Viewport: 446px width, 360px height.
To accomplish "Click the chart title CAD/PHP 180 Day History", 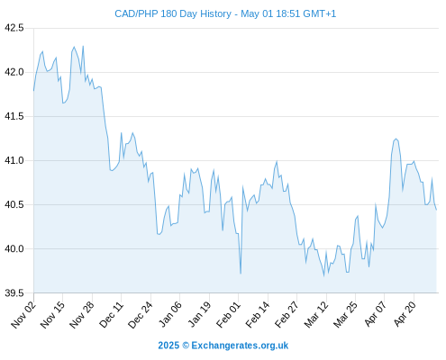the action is pyautogui.click(x=173, y=13).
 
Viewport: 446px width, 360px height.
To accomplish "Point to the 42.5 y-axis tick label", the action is pyautogui.click(x=14, y=28).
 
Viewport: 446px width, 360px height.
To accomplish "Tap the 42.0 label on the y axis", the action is pyautogui.click(x=14, y=72).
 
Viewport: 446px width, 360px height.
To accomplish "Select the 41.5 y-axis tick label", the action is pyautogui.click(x=14, y=116).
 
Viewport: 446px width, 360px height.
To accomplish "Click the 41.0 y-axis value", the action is pyautogui.click(x=14, y=160).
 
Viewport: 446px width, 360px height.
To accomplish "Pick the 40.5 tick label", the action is pyautogui.click(x=14, y=204).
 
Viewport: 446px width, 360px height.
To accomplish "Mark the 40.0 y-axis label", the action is pyautogui.click(x=14, y=248).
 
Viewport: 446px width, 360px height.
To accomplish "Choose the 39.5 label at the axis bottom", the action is pyautogui.click(x=14, y=292).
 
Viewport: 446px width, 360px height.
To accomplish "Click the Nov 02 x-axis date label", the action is pyautogui.click(x=23, y=314).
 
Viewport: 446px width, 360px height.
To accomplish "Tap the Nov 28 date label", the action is pyautogui.click(x=82, y=314).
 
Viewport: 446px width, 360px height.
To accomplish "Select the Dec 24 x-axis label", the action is pyautogui.click(x=141, y=314).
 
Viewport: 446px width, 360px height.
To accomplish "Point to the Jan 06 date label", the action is pyautogui.click(x=169, y=314).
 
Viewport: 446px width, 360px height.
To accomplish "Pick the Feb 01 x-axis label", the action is pyautogui.click(x=228, y=314).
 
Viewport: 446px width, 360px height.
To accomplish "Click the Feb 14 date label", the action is pyautogui.click(x=258, y=314).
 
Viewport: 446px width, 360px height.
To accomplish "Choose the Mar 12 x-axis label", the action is pyautogui.click(x=316, y=314).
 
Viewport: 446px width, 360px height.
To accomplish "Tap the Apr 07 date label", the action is pyautogui.click(x=375, y=314).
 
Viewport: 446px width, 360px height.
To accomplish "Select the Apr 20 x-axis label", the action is pyautogui.click(x=405, y=314).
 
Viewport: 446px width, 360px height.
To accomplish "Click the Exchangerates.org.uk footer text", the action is pyautogui.click(x=240, y=346).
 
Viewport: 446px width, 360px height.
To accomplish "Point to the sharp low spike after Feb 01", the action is pyautogui.click(x=241, y=274).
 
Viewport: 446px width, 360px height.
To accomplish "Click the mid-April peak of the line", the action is pyautogui.click(x=396, y=139).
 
